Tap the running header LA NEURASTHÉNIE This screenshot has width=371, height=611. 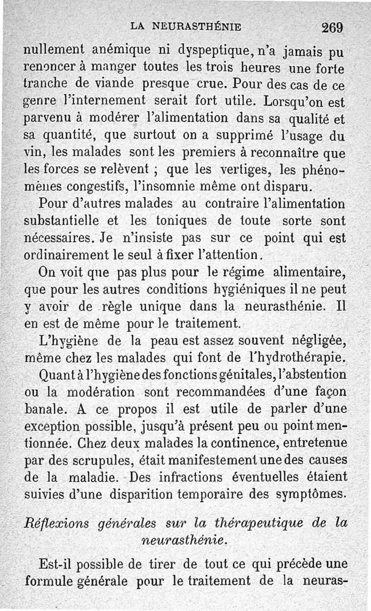(x=185, y=26)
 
